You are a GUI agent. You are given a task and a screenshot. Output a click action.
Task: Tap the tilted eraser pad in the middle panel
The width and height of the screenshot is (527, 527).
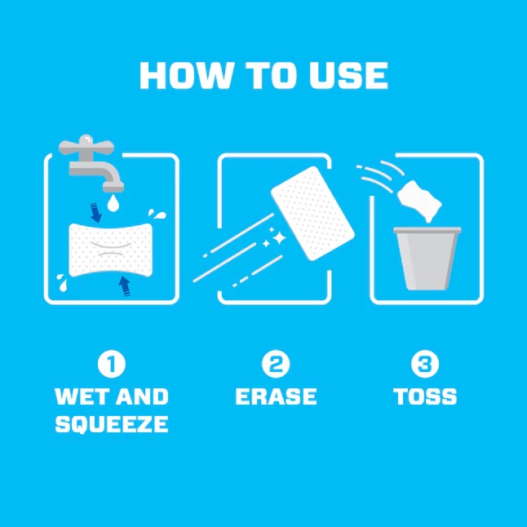point(312,219)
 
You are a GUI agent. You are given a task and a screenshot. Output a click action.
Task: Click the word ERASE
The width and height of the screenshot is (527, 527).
point(276,397)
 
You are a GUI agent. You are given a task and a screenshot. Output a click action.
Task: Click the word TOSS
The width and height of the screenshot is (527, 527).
point(424,397)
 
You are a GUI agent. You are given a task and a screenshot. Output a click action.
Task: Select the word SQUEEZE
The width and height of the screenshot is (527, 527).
point(111,424)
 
